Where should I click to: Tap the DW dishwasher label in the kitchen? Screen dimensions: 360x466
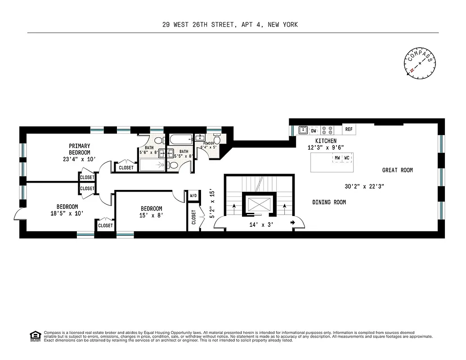tap(314, 130)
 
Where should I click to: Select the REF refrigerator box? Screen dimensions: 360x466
tap(349, 130)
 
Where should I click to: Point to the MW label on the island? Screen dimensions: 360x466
tap(337, 158)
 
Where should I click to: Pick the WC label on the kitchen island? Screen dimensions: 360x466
tap(347, 158)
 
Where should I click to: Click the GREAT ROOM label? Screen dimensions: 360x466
tap(397, 170)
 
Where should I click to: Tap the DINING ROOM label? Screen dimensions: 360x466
tap(329, 202)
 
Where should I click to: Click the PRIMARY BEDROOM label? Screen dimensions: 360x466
tap(80, 149)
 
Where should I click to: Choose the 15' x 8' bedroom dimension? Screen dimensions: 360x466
tap(151, 216)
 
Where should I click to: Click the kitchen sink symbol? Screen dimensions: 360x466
tap(303, 130)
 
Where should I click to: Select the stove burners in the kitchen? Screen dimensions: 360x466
tap(327, 130)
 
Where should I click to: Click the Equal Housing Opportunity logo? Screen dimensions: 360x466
tap(34, 336)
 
